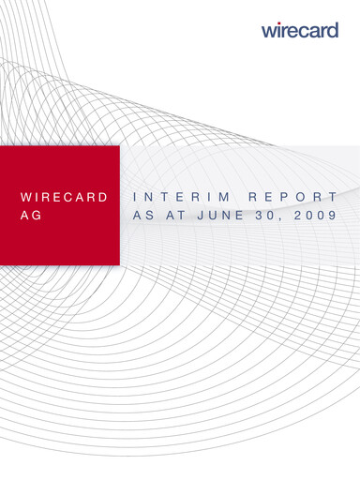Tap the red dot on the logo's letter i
(279, 23)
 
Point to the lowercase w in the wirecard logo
(269, 31)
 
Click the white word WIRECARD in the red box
(63, 198)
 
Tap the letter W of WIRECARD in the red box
(25, 198)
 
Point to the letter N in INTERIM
(152, 198)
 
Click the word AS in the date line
(143, 214)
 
